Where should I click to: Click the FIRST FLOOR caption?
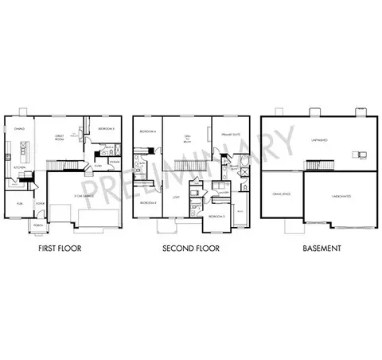point(60,248)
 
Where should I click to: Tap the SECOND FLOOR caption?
point(190,248)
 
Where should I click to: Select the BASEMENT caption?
point(322,248)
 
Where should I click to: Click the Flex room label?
point(18,204)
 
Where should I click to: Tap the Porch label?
point(38,225)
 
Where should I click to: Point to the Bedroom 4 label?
point(146,131)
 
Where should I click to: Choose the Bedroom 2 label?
point(146,202)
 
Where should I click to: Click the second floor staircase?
point(191,164)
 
